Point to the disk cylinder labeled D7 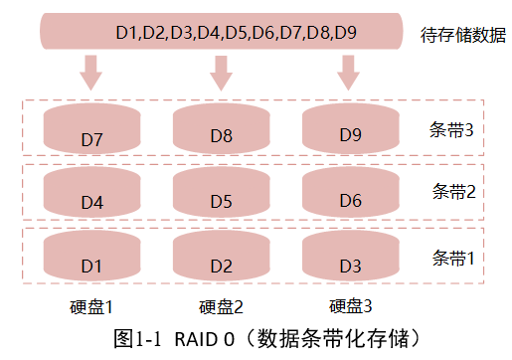pos(92,129)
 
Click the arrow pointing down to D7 pos(92,72)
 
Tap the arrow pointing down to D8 pos(221,72)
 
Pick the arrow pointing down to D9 pos(348,72)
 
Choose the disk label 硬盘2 pos(221,305)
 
